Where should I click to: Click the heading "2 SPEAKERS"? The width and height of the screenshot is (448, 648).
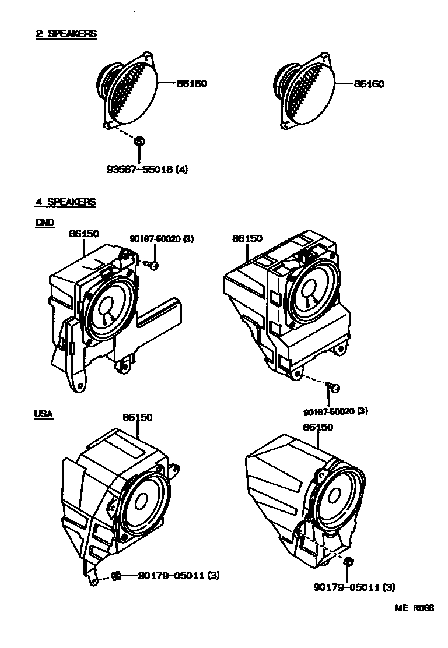[x=66, y=34]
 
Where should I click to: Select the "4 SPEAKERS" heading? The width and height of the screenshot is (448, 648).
[x=66, y=202]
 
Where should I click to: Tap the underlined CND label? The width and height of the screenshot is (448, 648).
[x=44, y=222]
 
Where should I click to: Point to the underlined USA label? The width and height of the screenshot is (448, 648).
[x=44, y=414]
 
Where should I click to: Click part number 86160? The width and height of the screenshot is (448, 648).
[x=369, y=84]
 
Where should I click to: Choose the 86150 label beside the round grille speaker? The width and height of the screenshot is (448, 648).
[x=191, y=84]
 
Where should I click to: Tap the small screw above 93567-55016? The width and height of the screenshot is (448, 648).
[x=139, y=141]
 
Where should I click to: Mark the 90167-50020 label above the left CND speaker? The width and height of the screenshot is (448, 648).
[x=161, y=239]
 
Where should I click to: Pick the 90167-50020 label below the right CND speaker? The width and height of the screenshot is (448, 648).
[x=335, y=411]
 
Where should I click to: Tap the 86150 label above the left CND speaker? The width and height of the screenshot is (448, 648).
[x=84, y=234]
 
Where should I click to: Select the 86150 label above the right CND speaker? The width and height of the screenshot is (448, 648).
[x=247, y=238]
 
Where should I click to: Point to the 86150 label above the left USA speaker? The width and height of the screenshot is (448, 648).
[x=138, y=417]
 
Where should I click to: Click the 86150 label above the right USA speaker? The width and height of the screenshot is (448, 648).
[x=318, y=427]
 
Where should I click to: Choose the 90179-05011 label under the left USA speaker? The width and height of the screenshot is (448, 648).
[x=179, y=576]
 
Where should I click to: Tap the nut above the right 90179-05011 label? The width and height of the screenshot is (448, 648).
[x=348, y=561]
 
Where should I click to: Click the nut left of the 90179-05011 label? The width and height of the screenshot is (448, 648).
[x=116, y=576]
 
